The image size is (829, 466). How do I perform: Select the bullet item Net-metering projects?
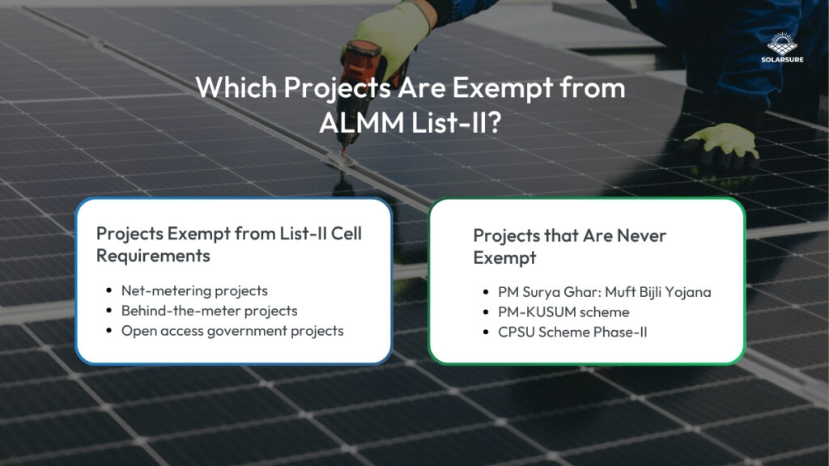coord(194,290)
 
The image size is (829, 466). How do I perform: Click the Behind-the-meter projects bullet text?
coord(209,311)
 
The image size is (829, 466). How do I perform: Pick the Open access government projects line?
coord(232,331)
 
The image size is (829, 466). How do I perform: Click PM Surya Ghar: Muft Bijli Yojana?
coord(604,291)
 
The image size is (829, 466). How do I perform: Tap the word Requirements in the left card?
coord(154,256)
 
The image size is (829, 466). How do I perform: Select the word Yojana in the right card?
coord(689,292)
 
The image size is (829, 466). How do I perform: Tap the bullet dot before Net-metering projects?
coord(109,290)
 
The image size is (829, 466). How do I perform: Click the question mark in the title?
coord(504,124)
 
